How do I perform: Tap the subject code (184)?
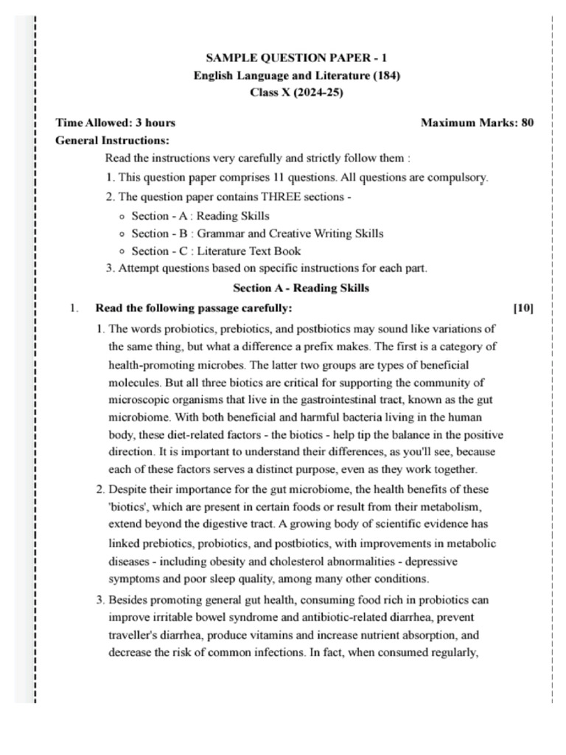tap(387, 75)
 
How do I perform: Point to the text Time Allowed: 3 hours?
tap(116, 122)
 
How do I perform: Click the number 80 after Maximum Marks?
tap(527, 122)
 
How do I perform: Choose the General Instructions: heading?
tap(113, 140)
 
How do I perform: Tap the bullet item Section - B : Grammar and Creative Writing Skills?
tap(257, 233)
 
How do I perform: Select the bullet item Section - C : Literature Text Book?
tap(216, 251)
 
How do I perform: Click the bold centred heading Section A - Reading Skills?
tap(301, 288)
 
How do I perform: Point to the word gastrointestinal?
tap(330, 399)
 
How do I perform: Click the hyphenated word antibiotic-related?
tap(349, 616)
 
